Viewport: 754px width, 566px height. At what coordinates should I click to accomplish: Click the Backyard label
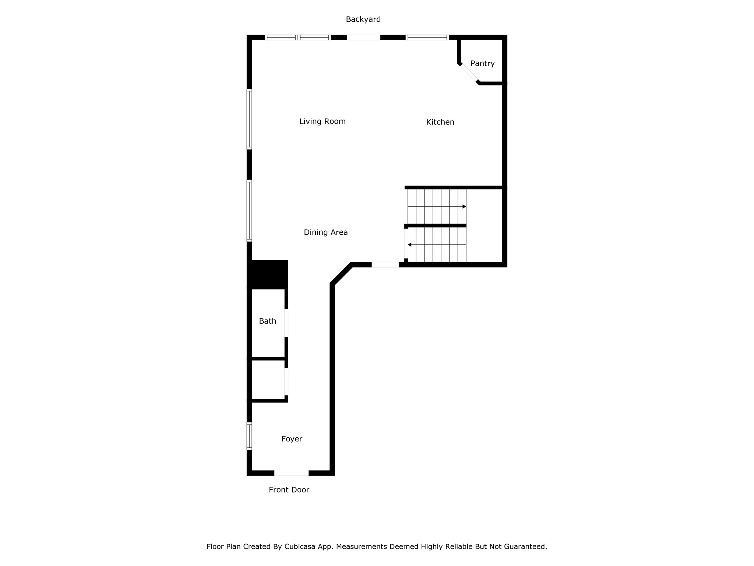coord(363,19)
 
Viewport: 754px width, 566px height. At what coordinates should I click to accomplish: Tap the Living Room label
coord(322,121)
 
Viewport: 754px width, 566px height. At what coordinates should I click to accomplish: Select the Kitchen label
coord(440,122)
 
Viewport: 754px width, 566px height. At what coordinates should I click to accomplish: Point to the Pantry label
coord(482,63)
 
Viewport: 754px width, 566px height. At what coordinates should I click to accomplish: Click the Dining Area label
coord(325,232)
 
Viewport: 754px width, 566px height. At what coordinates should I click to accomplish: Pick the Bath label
coord(267,321)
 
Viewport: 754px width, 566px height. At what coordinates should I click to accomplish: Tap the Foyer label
coord(292,439)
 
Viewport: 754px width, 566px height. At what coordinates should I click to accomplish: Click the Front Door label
coord(289,490)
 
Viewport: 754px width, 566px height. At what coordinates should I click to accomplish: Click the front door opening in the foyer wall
coord(291,473)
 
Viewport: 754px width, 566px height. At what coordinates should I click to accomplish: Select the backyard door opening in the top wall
coord(363,37)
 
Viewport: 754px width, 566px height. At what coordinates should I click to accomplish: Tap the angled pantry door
coord(469,73)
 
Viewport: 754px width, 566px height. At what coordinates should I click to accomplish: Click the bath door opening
coord(286,323)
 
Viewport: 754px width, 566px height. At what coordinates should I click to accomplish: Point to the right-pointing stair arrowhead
coord(464,206)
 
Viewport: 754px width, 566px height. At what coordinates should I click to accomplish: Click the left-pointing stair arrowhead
coord(409,245)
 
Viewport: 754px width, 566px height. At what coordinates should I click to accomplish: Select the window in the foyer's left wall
coord(249,436)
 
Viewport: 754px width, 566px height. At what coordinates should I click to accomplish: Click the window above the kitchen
coord(427,37)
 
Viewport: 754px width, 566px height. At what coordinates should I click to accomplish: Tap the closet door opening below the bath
coord(286,382)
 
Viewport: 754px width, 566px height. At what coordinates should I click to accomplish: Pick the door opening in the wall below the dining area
coord(385,265)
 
